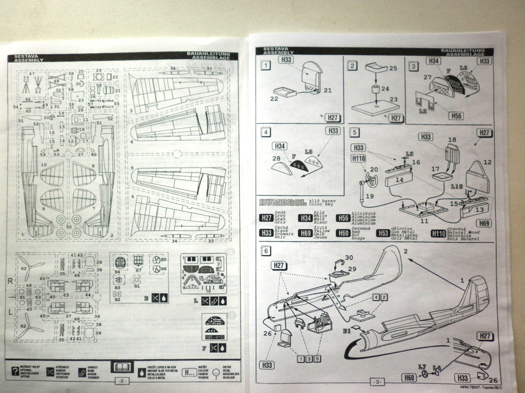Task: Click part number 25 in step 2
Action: tap(394, 68)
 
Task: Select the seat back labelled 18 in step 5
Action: tap(452, 152)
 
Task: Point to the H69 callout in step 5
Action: tap(484, 223)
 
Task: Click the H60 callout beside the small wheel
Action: tap(409, 378)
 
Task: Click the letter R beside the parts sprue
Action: tap(10, 281)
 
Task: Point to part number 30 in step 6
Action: tap(349, 258)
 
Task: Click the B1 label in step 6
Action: tap(348, 331)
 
